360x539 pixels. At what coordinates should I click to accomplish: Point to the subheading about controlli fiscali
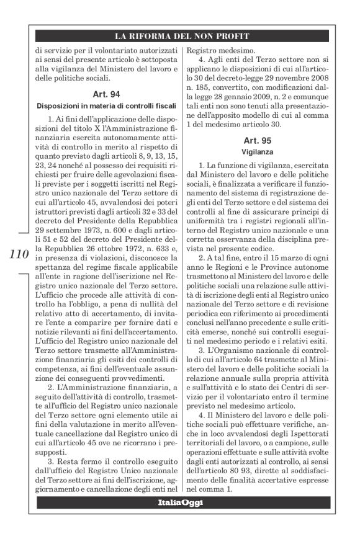pos(109,105)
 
